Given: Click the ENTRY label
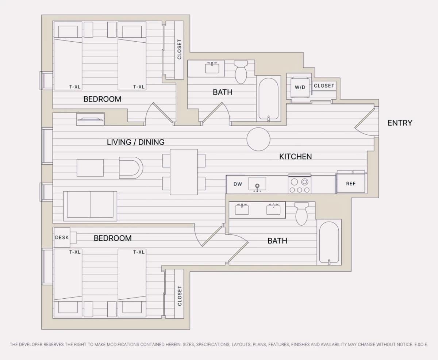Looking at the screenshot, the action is point(400,123).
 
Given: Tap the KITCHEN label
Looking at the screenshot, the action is point(295,157).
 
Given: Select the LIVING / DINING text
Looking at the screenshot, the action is point(136,142).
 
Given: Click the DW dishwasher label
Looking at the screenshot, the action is point(238,184).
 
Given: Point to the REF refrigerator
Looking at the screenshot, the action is point(351,182).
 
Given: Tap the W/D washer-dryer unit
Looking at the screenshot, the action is point(300,87).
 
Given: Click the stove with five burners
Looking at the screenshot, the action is point(299,184).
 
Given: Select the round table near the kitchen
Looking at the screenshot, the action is point(258,139).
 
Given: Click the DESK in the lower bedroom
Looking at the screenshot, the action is point(62,237).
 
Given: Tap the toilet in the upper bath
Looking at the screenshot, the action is point(241,72).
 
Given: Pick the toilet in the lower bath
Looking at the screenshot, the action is point(301,214).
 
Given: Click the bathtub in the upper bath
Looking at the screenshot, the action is point(269,99).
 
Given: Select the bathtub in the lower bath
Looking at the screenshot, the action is point(329,242).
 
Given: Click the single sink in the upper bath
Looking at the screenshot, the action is point(212,68).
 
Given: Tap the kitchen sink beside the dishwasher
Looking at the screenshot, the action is point(257,184).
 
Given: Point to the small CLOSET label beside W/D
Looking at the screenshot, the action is point(324,86).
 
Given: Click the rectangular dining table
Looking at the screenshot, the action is point(184,172).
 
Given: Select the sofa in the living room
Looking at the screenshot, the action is point(90,206).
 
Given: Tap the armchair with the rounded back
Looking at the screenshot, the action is point(131,168).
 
